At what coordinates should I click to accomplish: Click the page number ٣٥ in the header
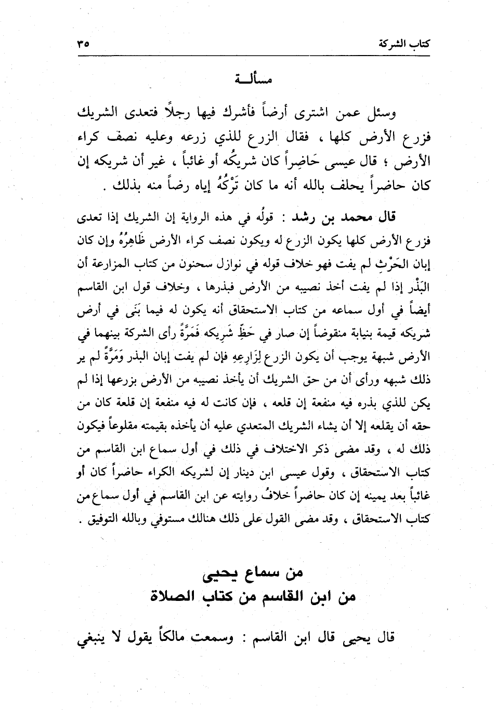(83, 44)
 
